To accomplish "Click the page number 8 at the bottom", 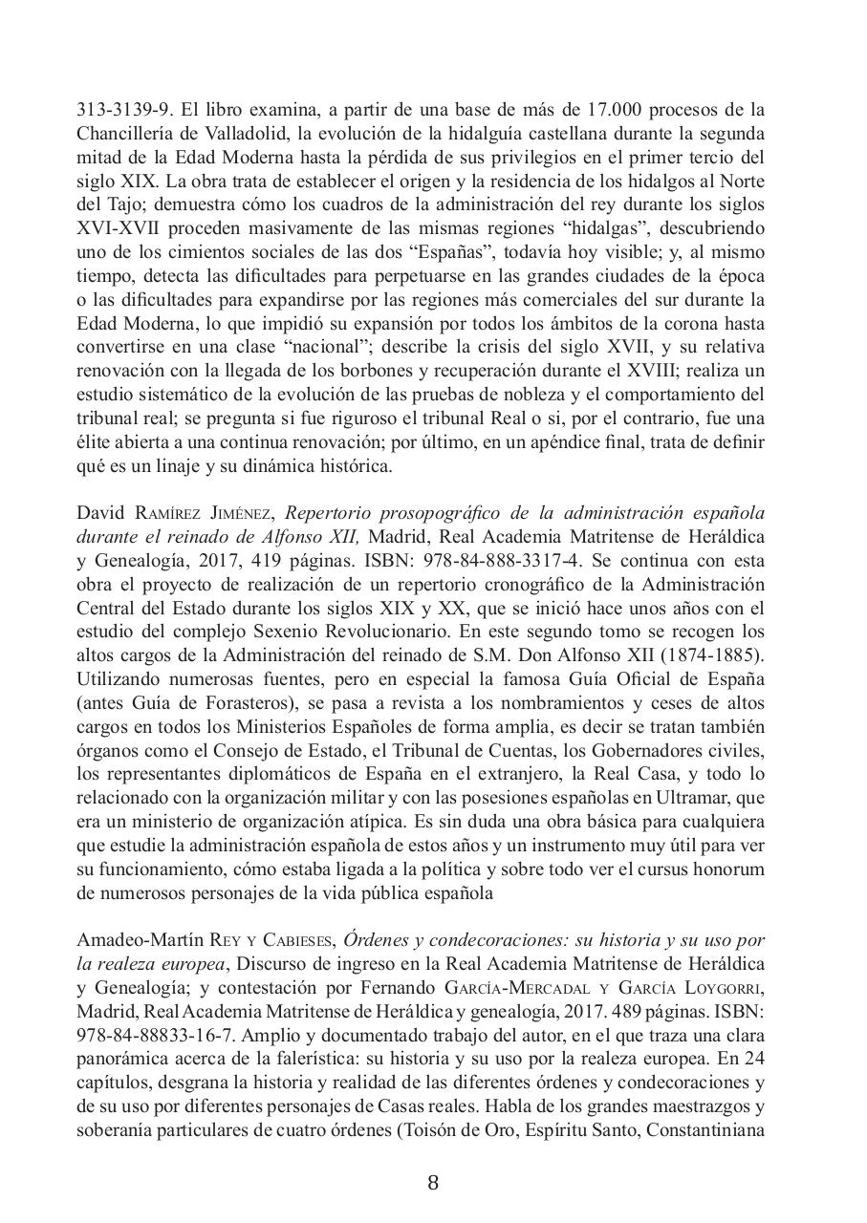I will click(433, 1183).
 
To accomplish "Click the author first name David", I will click(101, 512).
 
